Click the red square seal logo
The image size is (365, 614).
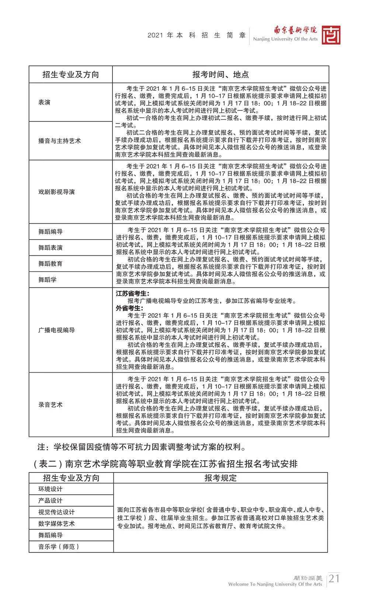point(331,35)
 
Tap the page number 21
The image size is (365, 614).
point(334,578)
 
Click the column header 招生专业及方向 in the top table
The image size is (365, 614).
point(70,74)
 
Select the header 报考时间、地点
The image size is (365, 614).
point(220,74)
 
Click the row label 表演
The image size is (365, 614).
point(44,102)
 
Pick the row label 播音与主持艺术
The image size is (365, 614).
point(59,141)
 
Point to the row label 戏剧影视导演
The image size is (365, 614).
point(56,192)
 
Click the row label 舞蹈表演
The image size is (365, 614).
point(51,248)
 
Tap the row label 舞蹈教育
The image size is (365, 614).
point(51,264)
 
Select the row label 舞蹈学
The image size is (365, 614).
point(48,280)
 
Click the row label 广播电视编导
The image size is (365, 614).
point(56,330)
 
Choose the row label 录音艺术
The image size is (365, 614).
point(51,405)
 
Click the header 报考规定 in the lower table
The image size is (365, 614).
point(220,478)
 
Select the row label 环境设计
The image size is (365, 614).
point(51,489)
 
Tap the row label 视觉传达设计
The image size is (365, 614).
point(56,512)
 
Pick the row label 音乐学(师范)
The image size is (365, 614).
point(59,547)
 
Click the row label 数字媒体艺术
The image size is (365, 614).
point(56,524)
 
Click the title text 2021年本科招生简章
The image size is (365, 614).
point(197,36)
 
